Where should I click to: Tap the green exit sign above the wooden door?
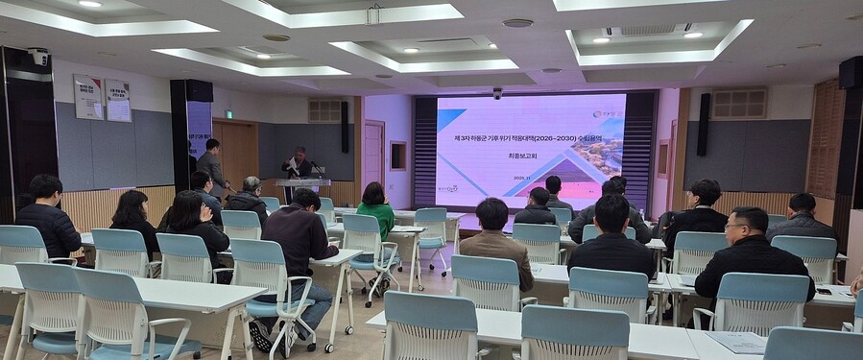pyautogui.click(x=228, y=114)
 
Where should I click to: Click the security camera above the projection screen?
pyautogui.click(x=497, y=93)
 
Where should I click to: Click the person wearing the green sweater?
pyautogui.click(x=375, y=211)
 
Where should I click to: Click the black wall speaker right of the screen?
pyautogui.click(x=704, y=124)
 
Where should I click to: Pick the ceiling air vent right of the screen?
pyautogui.click(x=738, y=103)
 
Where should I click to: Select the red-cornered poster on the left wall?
pyautogui.click(x=88, y=97)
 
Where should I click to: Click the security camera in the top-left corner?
pyautogui.click(x=39, y=57)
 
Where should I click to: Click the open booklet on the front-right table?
pyautogui.click(x=738, y=341)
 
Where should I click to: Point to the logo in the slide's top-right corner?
pyautogui.click(x=605, y=114)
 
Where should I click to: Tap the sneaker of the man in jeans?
pyautogui.click(x=260, y=335)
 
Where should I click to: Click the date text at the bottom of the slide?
pyautogui.click(x=520, y=178)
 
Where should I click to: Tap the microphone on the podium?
pyautogui.click(x=313, y=169)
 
